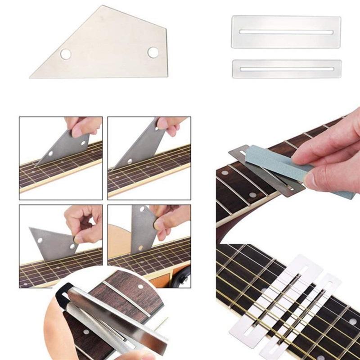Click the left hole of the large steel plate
click(66, 54)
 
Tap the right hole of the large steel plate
click(153, 52)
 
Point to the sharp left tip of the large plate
click(31, 76)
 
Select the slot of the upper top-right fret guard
click(286, 32)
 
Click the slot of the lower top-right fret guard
click(286, 69)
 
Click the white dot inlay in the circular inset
click(142, 287)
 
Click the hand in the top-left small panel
click(83, 126)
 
